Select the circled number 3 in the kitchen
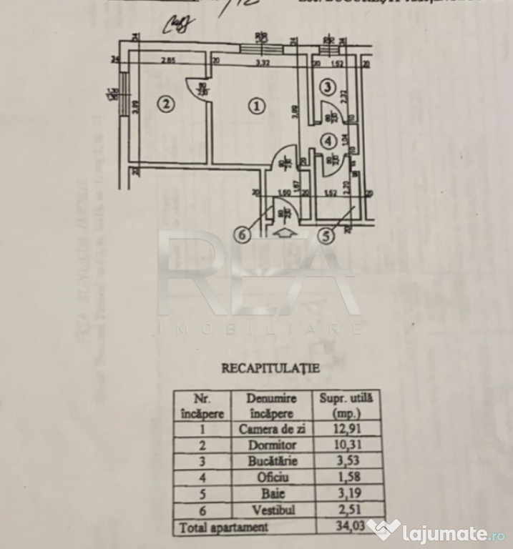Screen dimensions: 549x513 pyautogui.click(x=326, y=88)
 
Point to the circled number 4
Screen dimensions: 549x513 pyautogui.click(x=328, y=141)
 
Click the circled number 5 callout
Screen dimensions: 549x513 pyautogui.click(x=326, y=236)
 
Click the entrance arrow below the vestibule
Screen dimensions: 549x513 pyautogui.click(x=283, y=232)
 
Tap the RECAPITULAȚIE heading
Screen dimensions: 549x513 pyautogui.click(x=271, y=369)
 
